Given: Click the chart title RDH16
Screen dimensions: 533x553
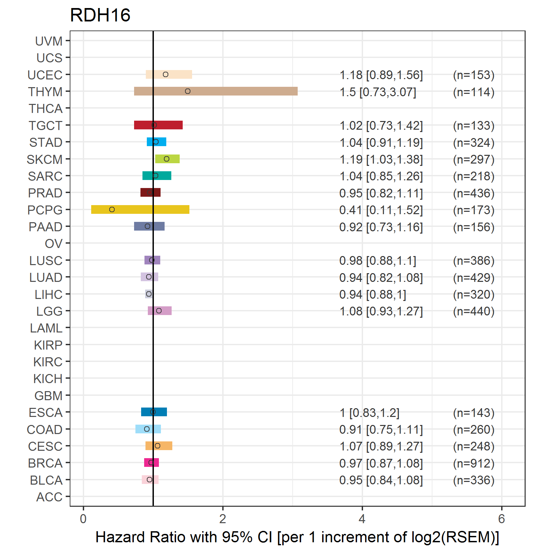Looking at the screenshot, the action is pos(100,15).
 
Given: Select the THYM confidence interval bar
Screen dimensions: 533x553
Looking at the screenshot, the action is pos(216,91).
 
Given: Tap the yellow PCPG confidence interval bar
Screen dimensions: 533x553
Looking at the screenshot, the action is pos(140,209).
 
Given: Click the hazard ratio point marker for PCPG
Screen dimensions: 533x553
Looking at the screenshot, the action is pos(112,209).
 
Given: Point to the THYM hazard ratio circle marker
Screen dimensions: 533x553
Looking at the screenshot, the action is pos(188,91).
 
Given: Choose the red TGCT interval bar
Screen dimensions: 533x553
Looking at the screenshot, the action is pos(158,125).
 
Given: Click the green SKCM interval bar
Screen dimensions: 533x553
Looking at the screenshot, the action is pos(167,159).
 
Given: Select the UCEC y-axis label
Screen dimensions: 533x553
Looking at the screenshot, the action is pos(45,75).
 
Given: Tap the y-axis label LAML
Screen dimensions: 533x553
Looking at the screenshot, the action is pos(46,328).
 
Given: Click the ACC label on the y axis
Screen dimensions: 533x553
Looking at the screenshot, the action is pos(49,497).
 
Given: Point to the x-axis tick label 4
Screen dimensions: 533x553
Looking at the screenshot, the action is pos(362,519).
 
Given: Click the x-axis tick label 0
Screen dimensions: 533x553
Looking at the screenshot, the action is pos(83,519).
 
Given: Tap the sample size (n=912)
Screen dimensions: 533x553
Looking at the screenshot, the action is pos(474,464).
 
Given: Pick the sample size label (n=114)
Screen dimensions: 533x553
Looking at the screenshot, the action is pos(474,92).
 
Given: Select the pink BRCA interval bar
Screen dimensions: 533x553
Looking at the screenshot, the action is pos(152,463).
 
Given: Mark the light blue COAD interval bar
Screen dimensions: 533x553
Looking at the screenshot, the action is pos(148,429).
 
